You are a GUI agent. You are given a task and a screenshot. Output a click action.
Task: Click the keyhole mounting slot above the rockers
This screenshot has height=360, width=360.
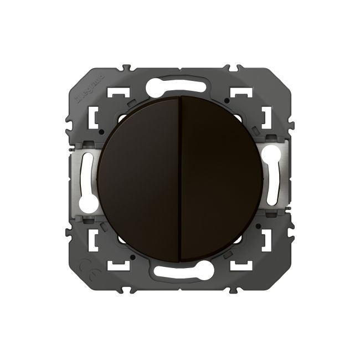179,86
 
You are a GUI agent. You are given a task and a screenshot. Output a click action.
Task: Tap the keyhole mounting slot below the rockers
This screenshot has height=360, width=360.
179,271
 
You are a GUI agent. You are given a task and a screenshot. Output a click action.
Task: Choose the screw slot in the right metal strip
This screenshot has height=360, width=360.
272,179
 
